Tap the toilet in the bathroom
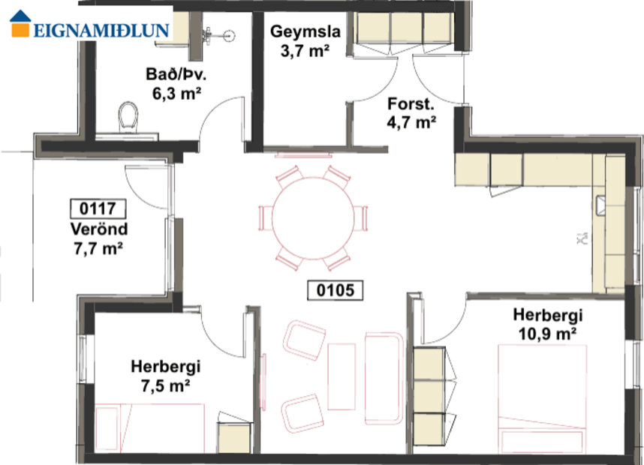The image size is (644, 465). [129, 118]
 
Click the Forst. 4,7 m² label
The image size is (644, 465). [411, 113]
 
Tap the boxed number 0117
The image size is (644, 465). [98, 208]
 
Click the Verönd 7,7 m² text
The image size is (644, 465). [98, 238]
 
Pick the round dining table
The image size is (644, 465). [314, 217]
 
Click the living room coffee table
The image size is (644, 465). [342, 371]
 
